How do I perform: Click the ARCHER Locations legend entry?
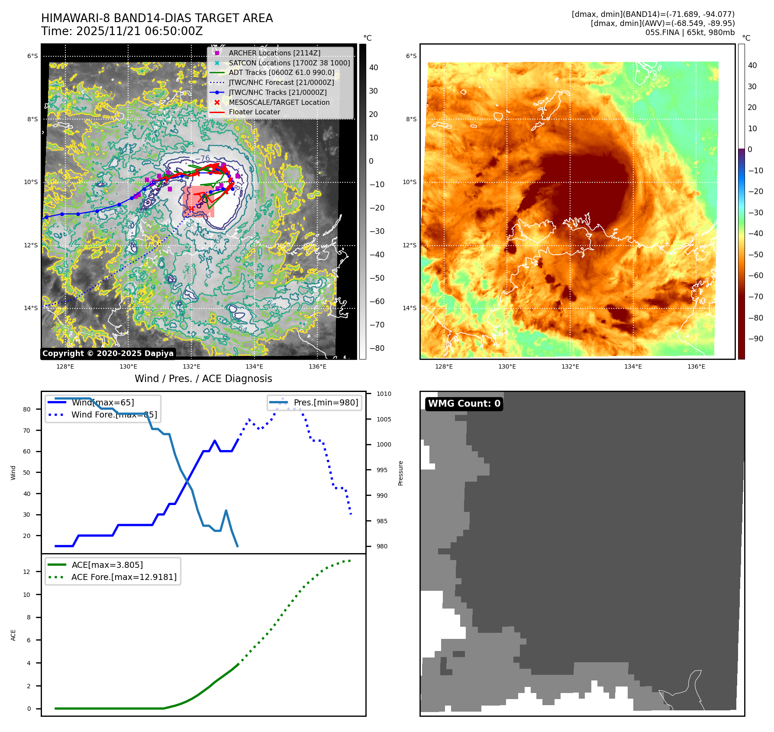coord(274,53)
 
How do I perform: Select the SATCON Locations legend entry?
coord(289,63)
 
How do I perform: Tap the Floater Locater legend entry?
coord(254,112)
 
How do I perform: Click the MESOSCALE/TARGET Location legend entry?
coord(279,102)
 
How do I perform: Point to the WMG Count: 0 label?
coord(464,404)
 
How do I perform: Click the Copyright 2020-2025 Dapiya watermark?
coord(108,353)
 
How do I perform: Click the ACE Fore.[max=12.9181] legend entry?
coord(124,577)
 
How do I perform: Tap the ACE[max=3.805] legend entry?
coord(107,565)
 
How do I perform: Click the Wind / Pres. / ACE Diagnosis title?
coord(203,379)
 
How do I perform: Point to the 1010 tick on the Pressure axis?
coord(384,394)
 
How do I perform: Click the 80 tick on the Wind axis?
coord(27,409)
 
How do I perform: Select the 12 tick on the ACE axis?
coord(27,572)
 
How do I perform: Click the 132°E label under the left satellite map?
coord(191,366)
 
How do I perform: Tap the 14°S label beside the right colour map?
coord(410,308)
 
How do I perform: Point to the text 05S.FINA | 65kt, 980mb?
coord(690,32)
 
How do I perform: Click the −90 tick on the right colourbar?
coord(755,339)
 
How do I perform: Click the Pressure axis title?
coord(401,473)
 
